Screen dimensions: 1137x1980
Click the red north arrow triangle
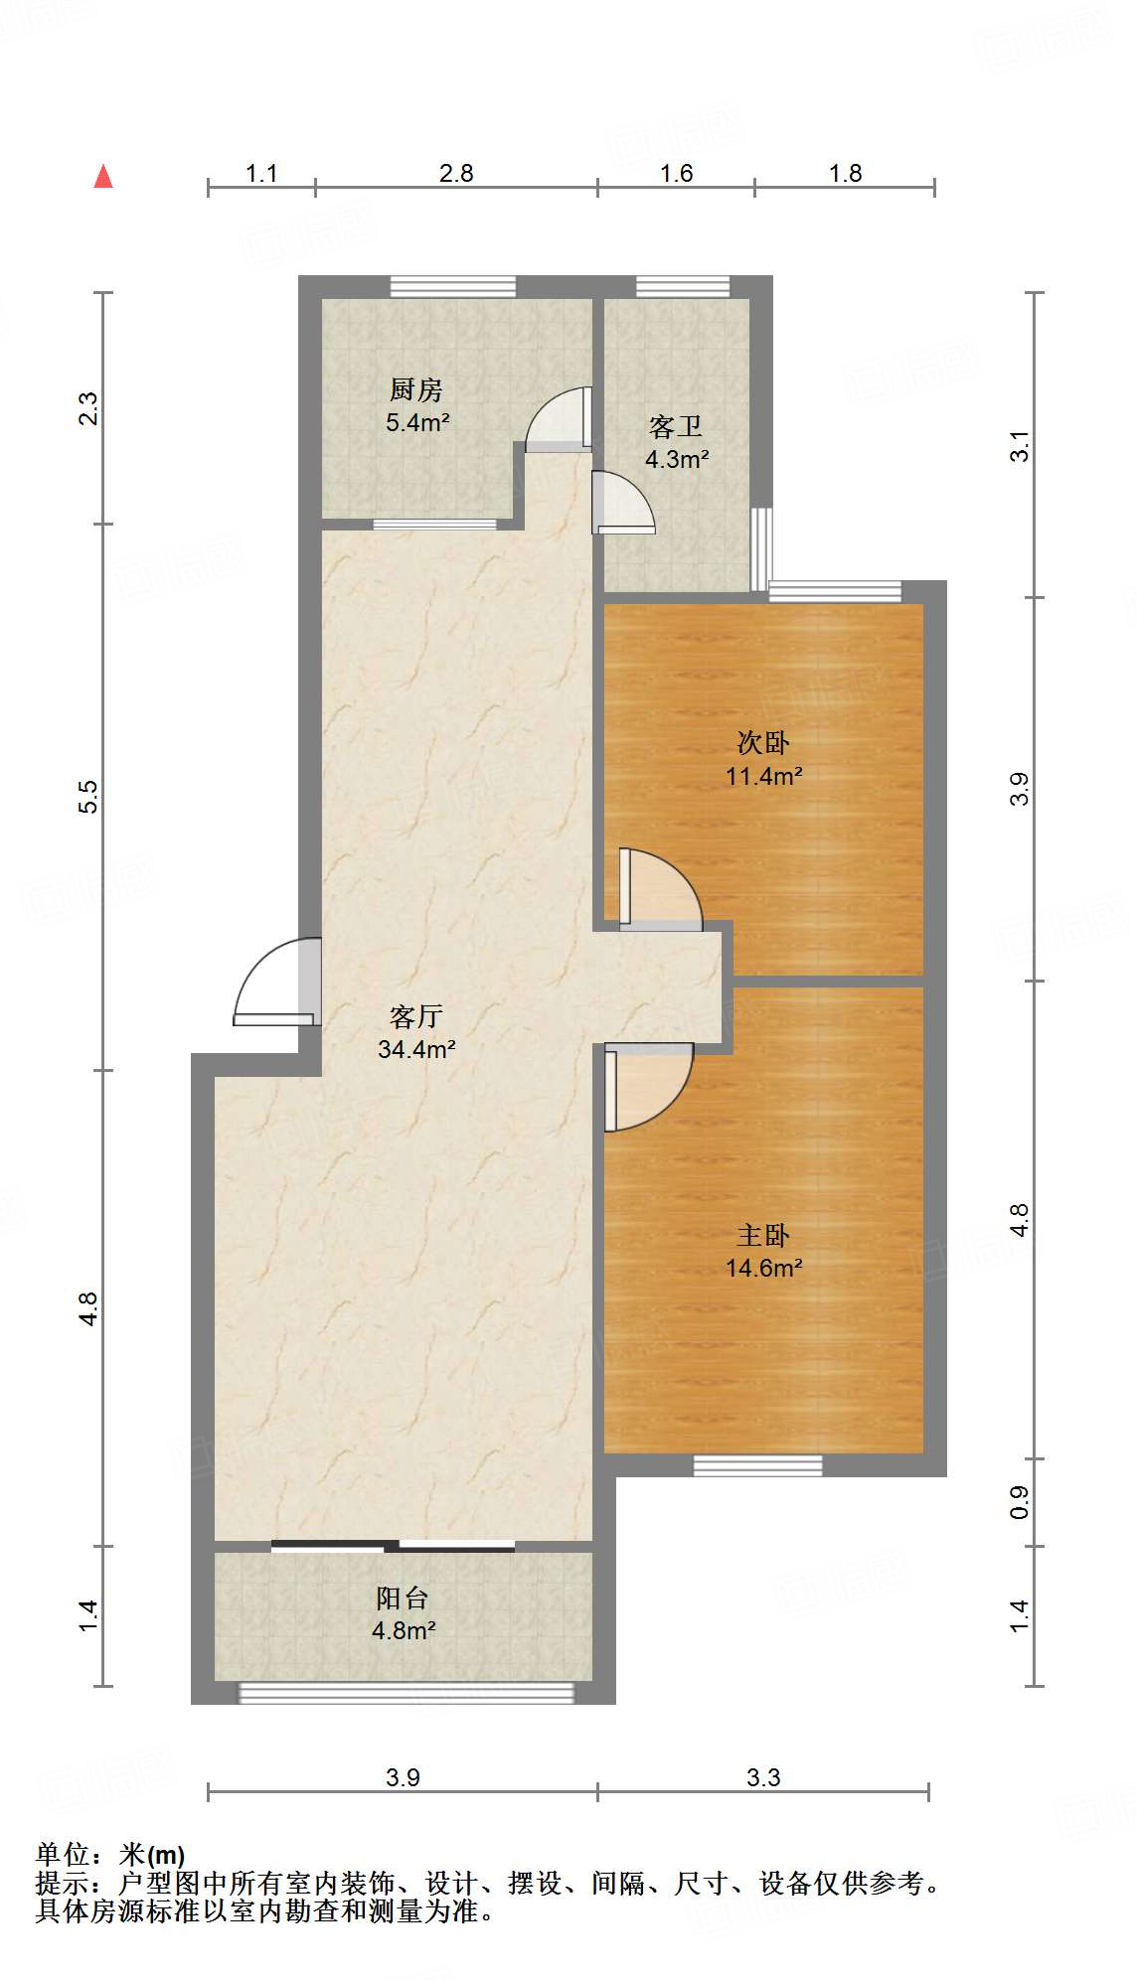click(x=103, y=177)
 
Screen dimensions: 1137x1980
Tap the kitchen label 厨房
click(x=415, y=389)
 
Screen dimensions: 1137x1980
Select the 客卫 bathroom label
click(x=676, y=427)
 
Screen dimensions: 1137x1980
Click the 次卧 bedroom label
click(x=763, y=742)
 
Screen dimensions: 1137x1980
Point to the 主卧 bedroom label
click(x=763, y=1235)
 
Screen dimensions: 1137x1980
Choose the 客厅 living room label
click(x=415, y=1016)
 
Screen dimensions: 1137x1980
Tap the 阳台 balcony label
click(x=403, y=1598)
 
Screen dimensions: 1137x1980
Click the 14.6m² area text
click(x=763, y=1268)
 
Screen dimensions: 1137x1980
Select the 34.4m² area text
click(x=416, y=1048)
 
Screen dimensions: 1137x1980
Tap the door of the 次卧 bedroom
click(x=660, y=889)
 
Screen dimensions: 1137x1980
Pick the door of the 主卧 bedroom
click(x=648, y=1087)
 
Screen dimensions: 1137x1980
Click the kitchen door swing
click(x=559, y=419)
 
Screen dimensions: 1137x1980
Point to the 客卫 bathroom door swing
click(x=623, y=503)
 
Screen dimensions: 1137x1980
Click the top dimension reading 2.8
click(x=456, y=173)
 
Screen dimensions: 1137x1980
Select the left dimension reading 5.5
click(x=88, y=797)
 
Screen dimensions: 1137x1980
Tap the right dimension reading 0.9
click(x=1019, y=1502)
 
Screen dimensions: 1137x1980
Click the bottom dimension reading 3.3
click(x=763, y=1777)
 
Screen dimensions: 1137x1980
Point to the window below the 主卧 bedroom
click(x=757, y=1465)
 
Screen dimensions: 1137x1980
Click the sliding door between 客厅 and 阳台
click(x=393, y=1546)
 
